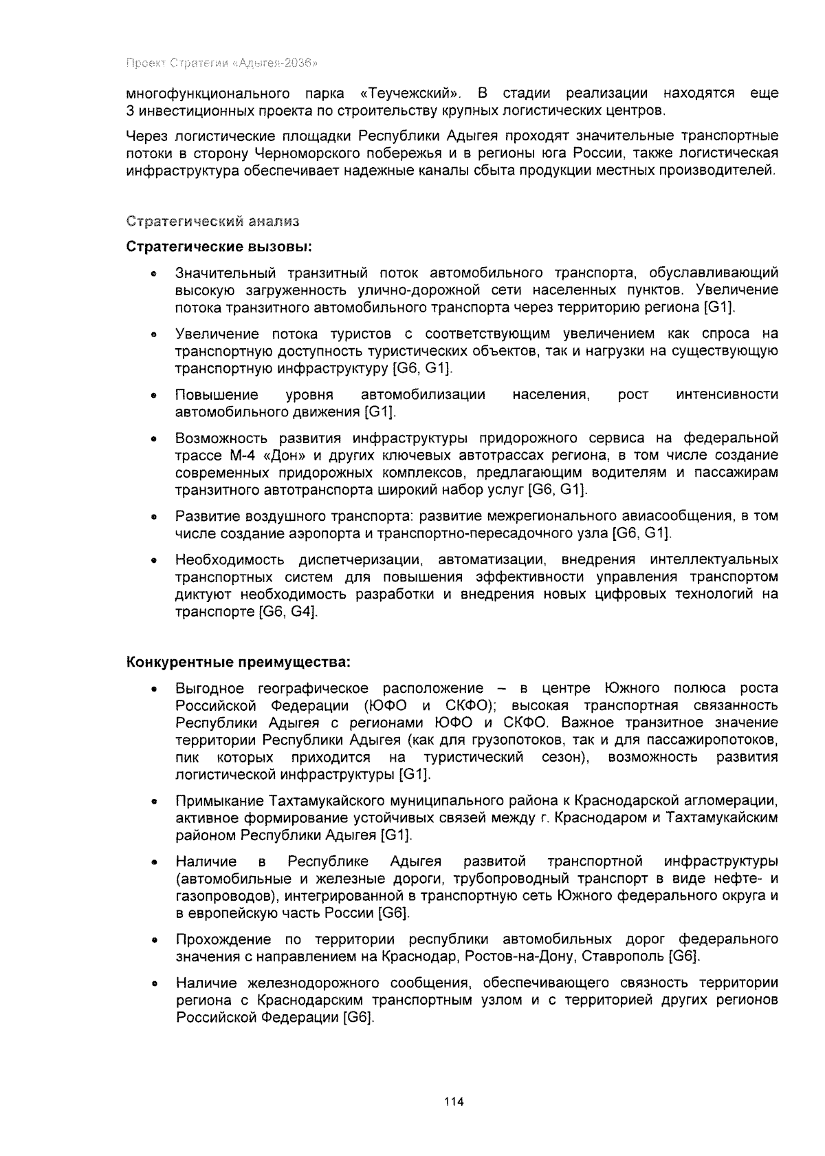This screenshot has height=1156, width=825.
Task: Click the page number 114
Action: (454, 1102)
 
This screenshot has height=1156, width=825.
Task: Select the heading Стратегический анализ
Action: (212, 222)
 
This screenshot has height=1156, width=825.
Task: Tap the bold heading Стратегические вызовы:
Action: (219, 246)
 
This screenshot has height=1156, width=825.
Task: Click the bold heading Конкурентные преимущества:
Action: (239, 662)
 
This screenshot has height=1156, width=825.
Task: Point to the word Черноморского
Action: (303, 153)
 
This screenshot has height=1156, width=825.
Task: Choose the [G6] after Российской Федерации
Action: (358, 1018)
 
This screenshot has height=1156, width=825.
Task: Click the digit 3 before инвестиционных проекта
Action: (131, 111)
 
